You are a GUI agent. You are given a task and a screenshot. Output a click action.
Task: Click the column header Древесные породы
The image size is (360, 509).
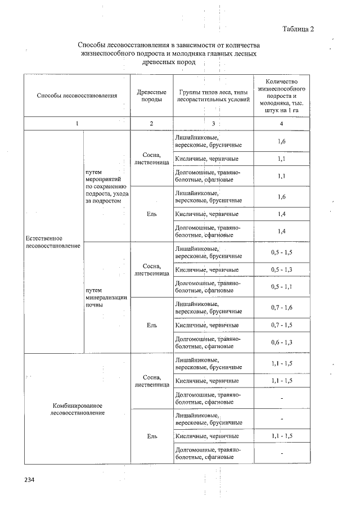point(151,95)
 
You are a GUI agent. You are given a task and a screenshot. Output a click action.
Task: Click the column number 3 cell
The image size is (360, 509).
point(213,123)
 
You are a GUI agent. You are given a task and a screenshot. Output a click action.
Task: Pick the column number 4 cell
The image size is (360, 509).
point(281,123)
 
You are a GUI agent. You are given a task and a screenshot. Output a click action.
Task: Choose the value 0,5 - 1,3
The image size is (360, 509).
point(281,270)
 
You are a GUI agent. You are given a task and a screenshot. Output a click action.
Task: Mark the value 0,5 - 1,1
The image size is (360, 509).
point(281,287)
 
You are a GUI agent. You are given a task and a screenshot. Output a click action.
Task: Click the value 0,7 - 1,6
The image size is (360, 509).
point(281,307)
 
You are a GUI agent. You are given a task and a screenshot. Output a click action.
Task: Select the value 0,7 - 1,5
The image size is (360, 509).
point(281,325)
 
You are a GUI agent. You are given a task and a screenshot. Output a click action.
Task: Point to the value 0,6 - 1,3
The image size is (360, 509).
point(281,343)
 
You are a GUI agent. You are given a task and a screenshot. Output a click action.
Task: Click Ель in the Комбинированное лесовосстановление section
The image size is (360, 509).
point(151,436)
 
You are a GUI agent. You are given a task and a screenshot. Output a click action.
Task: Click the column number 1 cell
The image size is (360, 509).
point(76,123)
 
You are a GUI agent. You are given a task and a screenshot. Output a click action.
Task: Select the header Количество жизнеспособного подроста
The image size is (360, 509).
point(281,95)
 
